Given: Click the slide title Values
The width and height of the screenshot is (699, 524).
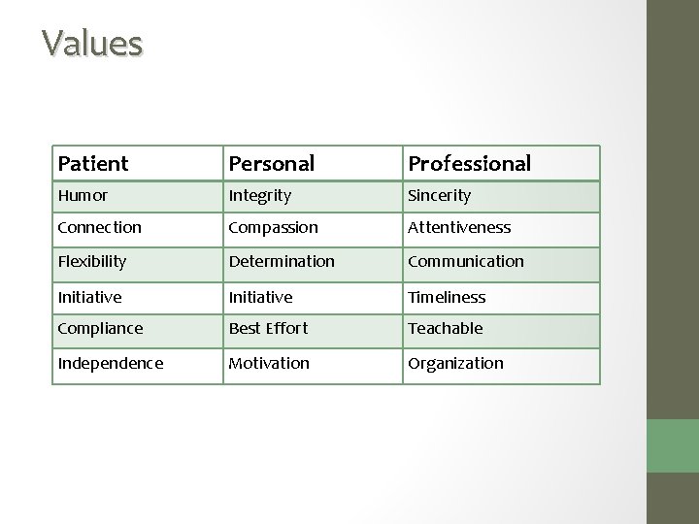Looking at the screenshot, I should coord(92,43).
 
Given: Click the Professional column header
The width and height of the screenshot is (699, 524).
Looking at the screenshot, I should coord(469,163).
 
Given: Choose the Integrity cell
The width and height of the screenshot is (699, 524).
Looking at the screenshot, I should coord(259,196).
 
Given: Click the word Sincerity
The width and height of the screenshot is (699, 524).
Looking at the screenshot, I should coord(439,195).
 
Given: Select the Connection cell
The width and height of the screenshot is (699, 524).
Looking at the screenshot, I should coord(99,227).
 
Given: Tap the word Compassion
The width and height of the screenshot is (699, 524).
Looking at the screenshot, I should coord(273,228).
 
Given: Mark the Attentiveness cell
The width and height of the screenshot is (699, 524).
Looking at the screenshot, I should coord(459,227).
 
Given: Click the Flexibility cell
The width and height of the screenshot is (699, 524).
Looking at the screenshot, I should coord(91,262).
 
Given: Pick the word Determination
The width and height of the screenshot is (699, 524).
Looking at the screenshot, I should coord(282,262).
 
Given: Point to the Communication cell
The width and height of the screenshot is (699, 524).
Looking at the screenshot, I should coord(465,262).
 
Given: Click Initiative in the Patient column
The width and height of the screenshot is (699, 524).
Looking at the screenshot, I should coord(89,297).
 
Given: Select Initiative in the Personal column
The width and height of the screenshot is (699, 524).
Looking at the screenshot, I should coord(260,297).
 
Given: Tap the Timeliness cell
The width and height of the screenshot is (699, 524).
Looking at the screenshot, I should coord(447,297).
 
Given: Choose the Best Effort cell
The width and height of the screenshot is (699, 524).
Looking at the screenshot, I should coord(268,328).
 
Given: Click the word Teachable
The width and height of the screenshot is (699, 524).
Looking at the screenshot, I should coord(445,328).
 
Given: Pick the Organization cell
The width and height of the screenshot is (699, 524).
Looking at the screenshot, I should coord(455,363).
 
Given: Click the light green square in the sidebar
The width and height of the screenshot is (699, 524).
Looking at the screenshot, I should coord(673,445).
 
